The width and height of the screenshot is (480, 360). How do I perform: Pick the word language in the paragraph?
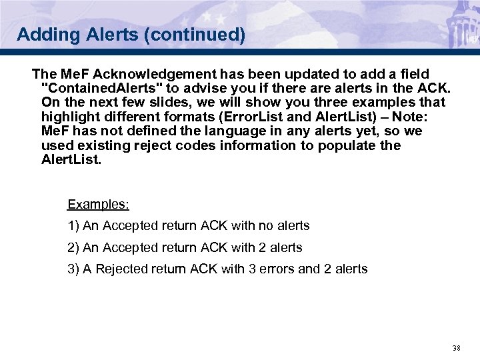[247, 131]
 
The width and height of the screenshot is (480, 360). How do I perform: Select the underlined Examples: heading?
[98, 204]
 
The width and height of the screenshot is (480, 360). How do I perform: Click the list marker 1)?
[73, 226]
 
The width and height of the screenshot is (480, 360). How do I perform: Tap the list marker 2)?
[73, 247]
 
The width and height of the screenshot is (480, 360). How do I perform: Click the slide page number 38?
[456, 348]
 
